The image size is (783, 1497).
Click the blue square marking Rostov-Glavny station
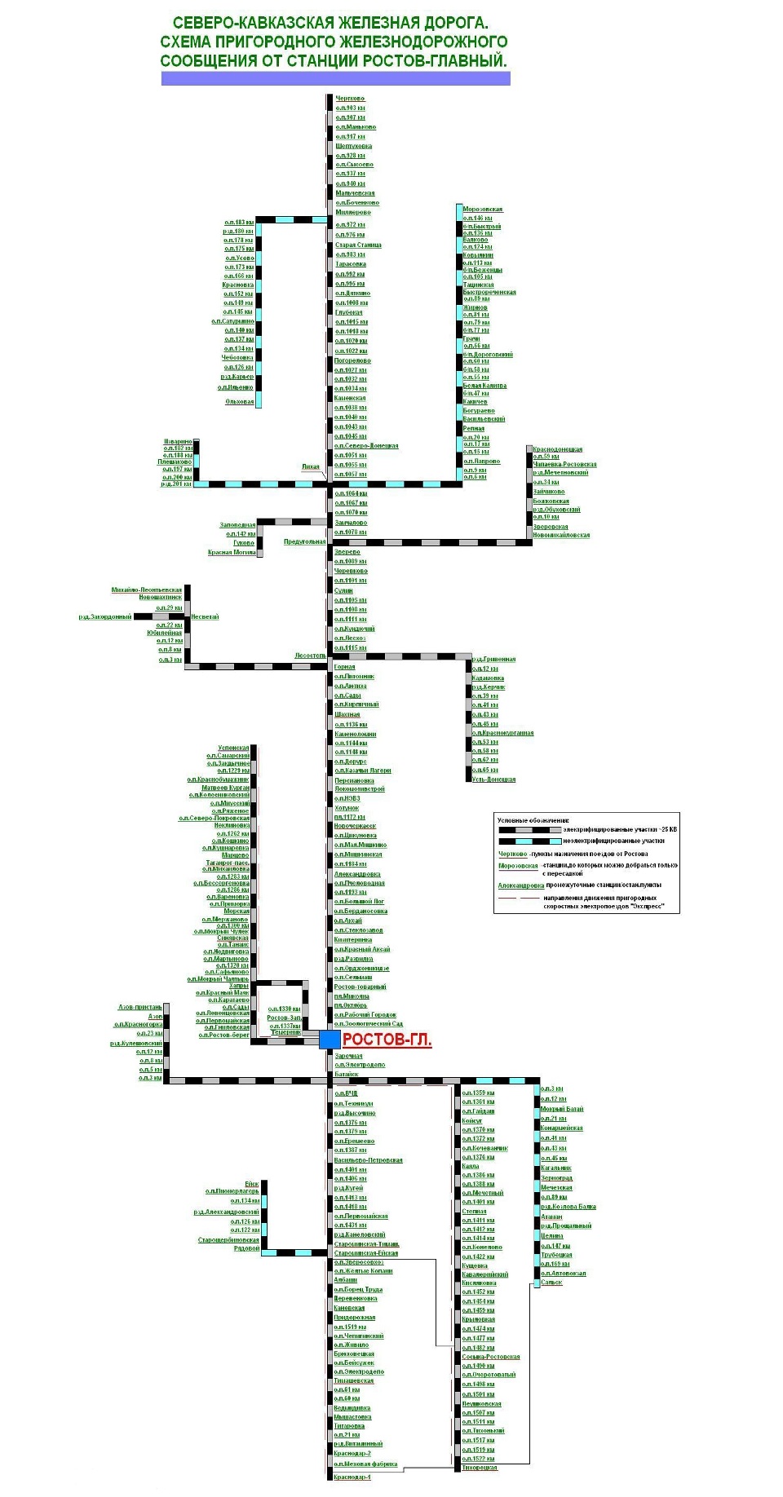point(329,1039)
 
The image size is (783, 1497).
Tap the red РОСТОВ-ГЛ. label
point(387,1040)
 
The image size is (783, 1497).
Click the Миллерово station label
point(353,212)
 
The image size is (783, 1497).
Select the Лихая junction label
point(311,467)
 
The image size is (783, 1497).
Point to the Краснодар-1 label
point(352,1477)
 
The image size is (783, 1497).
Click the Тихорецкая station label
point(480,1468)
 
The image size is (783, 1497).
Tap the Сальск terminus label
point(551,1283)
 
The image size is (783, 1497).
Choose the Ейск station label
point(251,1184)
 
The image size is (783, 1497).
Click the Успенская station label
point(233,748)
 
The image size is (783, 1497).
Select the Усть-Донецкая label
point(493,779)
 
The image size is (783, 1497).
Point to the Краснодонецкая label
point(558,449)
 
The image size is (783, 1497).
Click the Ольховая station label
point(240,401)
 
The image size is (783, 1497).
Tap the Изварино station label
point(178,441)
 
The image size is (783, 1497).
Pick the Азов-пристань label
point(140,1007)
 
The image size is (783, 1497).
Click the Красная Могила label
point(232,552)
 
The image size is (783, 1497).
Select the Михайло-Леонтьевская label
point(147,590)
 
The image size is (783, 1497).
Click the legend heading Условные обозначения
point(534,820)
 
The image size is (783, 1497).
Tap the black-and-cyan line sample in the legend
point(530,841)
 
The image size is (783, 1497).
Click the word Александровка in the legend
point(521,885)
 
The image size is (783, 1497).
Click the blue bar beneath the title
point(335,78)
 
